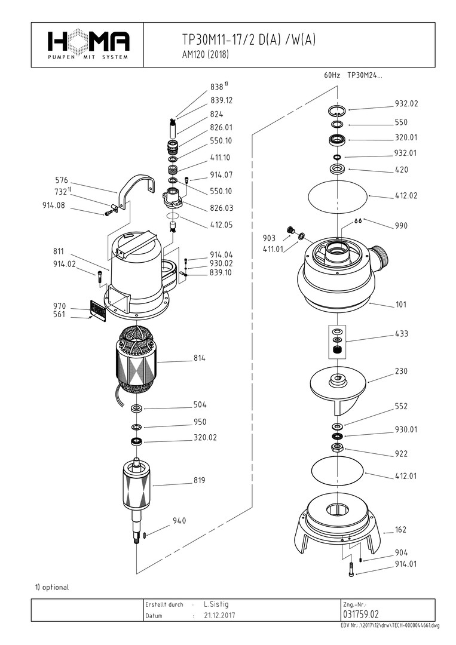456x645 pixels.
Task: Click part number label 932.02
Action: pos(406,103)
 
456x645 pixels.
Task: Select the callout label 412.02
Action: pos(406,195)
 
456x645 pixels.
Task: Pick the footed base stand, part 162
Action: pos(338,526)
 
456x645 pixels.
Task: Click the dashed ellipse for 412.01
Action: pos(338,469)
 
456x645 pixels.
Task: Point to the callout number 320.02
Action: pos(205,438)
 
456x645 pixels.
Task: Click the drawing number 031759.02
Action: pos(361,614)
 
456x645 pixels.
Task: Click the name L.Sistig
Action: pos(216,604)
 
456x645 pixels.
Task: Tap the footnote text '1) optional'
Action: pos(52,587)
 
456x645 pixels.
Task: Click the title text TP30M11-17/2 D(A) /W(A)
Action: pos(249,40)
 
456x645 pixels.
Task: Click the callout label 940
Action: pos(179,521)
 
